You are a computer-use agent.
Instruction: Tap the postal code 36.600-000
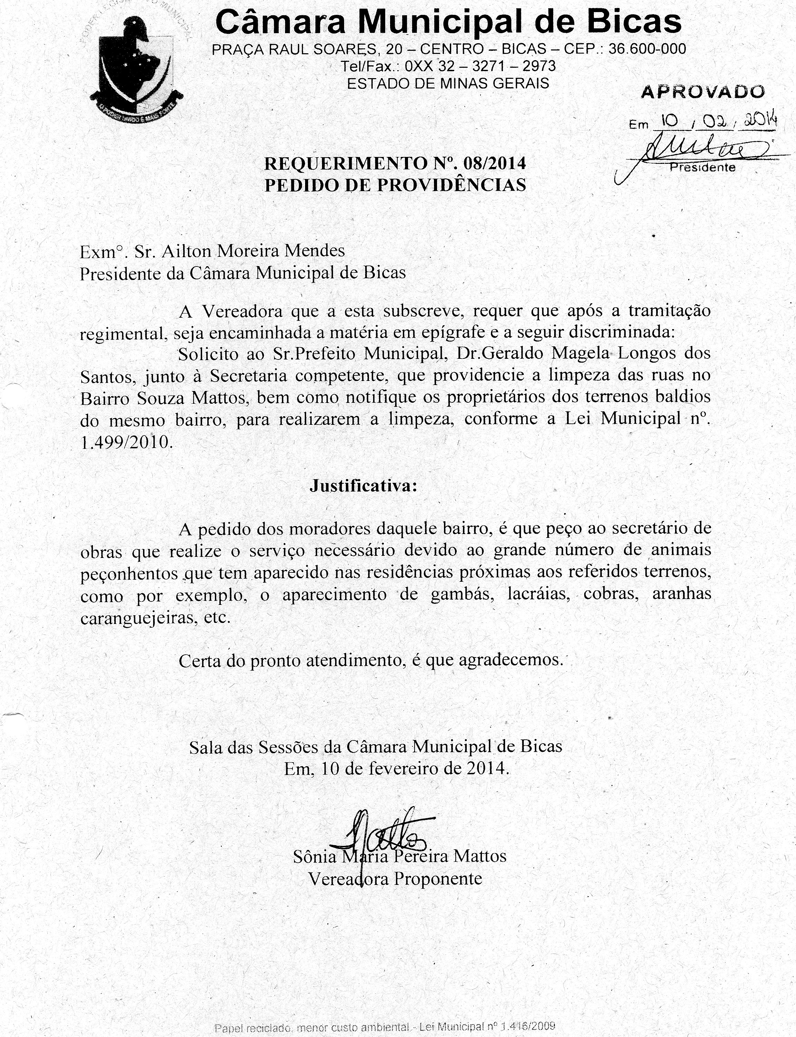[647, 49]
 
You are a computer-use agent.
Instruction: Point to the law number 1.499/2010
[125, 443]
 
